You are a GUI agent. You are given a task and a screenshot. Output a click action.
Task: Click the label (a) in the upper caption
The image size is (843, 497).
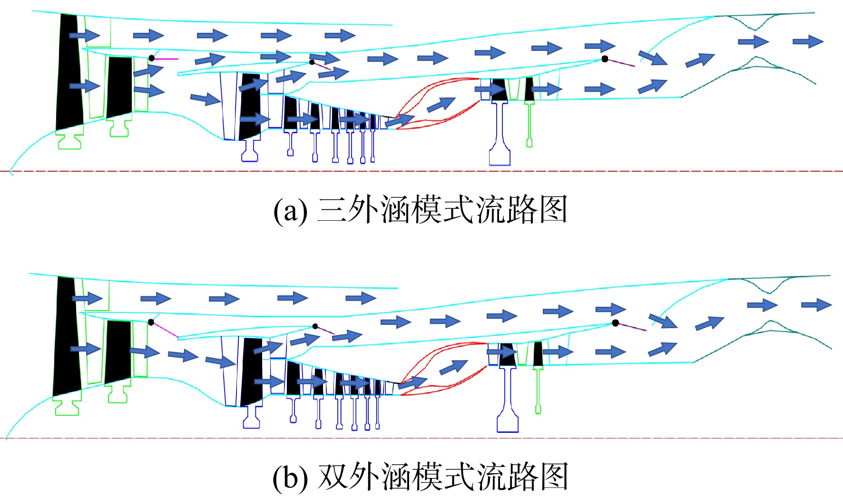click(290, 210)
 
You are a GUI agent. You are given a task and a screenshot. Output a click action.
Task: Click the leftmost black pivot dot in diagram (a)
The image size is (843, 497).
click(151, 58)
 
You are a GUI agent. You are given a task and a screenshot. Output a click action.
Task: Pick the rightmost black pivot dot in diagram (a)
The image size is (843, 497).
click(605, 59)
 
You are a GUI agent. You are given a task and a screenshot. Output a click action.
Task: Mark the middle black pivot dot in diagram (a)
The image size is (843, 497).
click(312, 62)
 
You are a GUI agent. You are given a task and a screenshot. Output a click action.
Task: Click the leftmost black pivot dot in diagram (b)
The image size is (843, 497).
click(151, 322)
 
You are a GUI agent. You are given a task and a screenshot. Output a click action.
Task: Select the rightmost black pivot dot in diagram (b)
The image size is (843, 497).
click(615, 323)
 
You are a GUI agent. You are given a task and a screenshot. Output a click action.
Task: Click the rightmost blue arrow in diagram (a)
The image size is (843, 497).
click(808, 41)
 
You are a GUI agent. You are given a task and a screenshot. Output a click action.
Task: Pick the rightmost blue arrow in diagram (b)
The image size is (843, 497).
click(816, 304)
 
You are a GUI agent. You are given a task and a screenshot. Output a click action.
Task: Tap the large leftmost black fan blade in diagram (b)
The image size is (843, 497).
click(65, 336)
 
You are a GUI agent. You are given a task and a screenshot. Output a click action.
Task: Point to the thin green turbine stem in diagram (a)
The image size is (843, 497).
click(529, 125)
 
